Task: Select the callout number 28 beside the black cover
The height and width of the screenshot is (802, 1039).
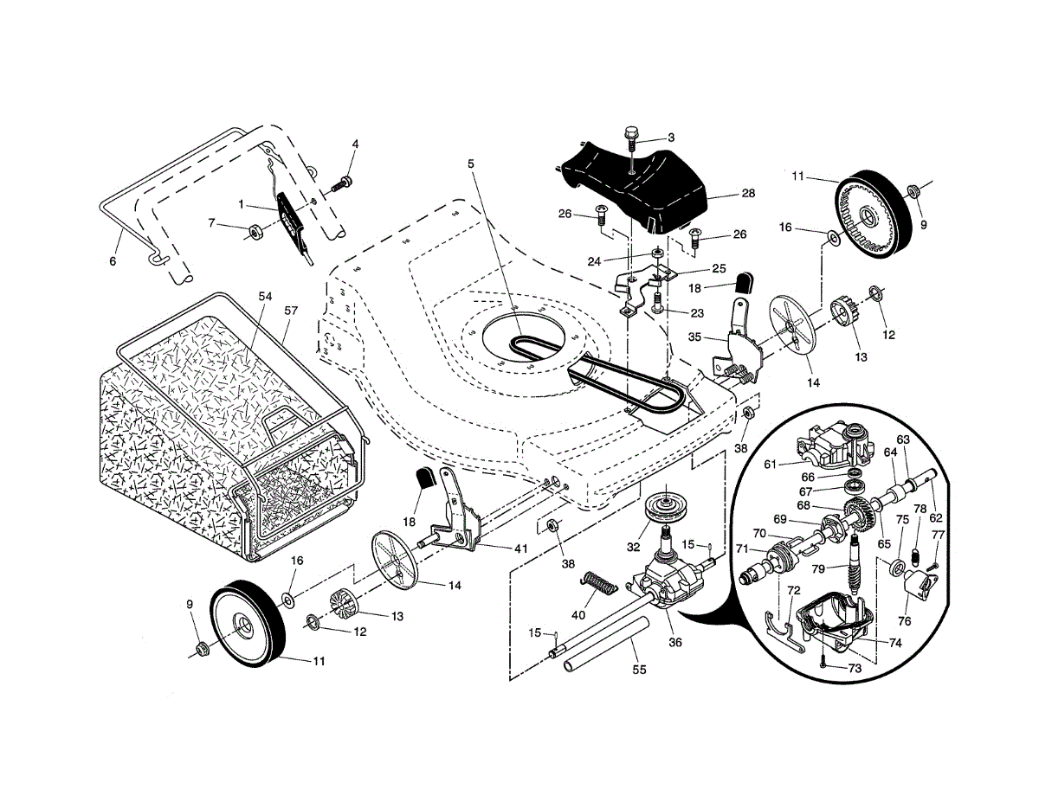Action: (748, 194)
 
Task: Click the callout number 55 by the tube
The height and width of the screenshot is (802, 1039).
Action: (639, 670)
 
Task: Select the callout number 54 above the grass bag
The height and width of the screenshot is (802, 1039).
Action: (265, 296)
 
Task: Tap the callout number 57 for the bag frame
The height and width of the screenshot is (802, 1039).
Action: (291, 311)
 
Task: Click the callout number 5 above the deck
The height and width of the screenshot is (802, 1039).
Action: (470, 164)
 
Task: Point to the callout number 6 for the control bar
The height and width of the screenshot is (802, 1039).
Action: (113, 261)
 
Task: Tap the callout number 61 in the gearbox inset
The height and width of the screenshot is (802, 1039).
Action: (770, 464)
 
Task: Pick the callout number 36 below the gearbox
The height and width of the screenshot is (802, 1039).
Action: (675, 643)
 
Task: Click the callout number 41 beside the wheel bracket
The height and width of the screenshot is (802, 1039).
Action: (520, 549)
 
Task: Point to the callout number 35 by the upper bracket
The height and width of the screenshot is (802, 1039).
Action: (694, 337)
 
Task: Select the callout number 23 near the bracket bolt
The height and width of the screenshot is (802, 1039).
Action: (697, 313)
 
